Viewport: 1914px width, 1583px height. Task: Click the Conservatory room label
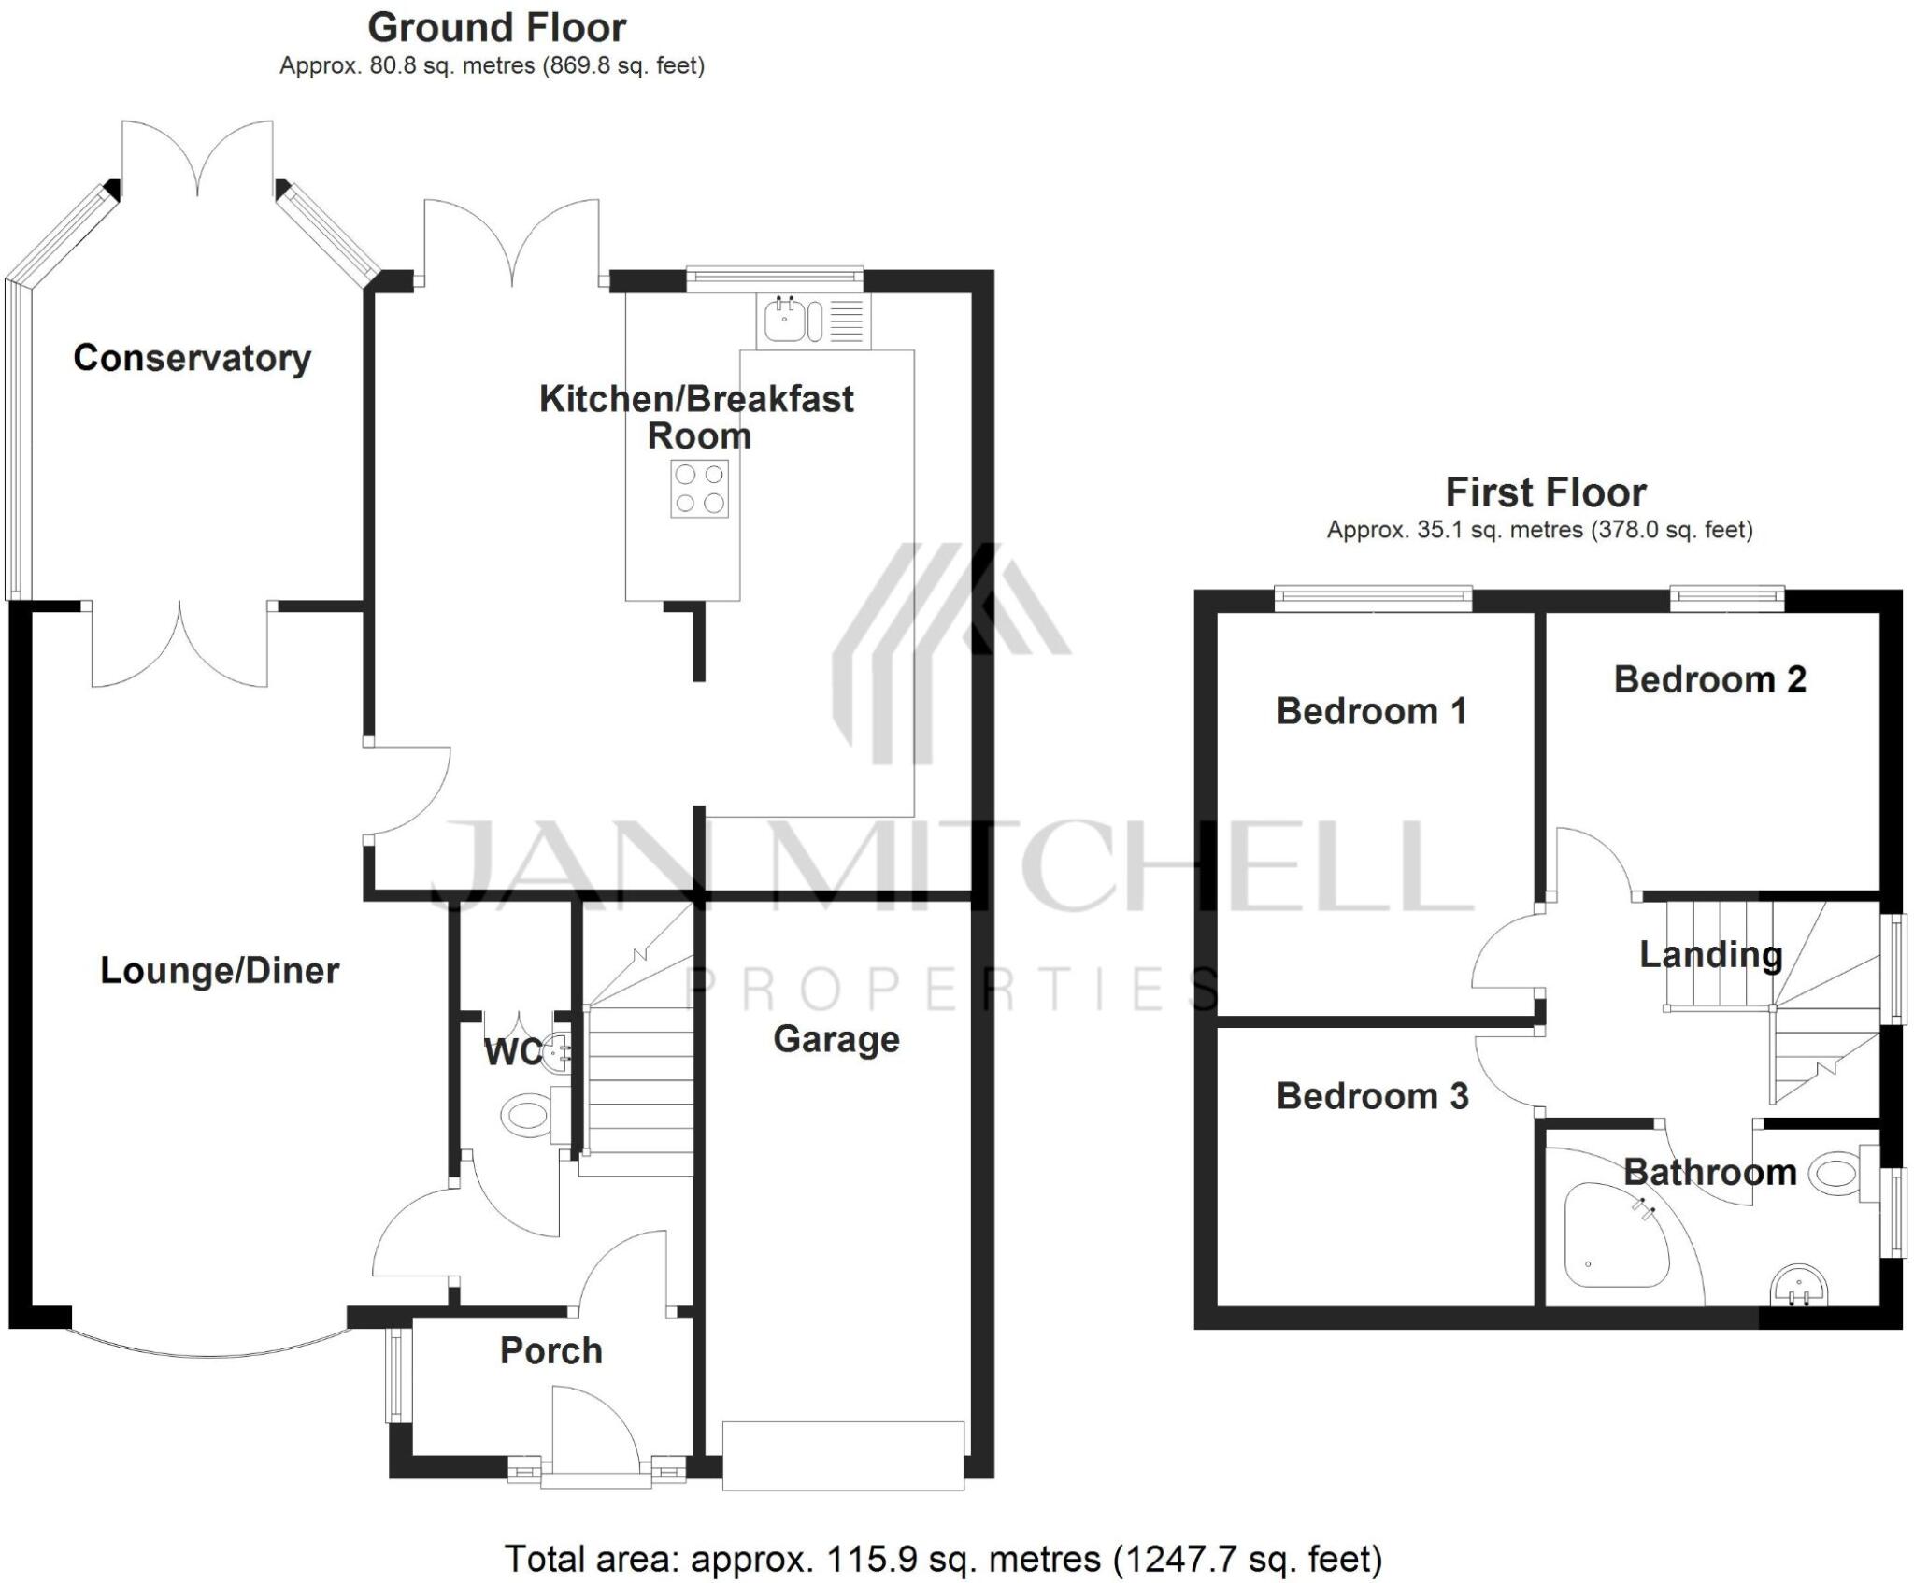click(x=192, y=358)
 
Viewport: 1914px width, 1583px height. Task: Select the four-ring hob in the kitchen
click(x=699, y=488)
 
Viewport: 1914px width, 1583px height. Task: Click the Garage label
click(x=836, y=1039)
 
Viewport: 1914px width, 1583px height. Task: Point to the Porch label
click(x=550, y=1350)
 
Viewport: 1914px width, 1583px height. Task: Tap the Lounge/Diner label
click(x=219, y=970)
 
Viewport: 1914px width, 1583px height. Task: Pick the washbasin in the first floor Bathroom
click(x=1797, y=1285)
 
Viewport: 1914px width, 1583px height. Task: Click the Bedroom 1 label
click(x=1371, y=711)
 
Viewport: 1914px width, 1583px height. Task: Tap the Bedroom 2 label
click(x=1709, y=679)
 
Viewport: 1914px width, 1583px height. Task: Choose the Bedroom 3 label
click(x=1372, y=1096)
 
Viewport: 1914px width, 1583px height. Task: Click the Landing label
click(x=1710, y=954)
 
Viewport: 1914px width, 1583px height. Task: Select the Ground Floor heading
click(x=496, y=28)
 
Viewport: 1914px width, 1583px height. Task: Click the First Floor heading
click(x=1546, y=492)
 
